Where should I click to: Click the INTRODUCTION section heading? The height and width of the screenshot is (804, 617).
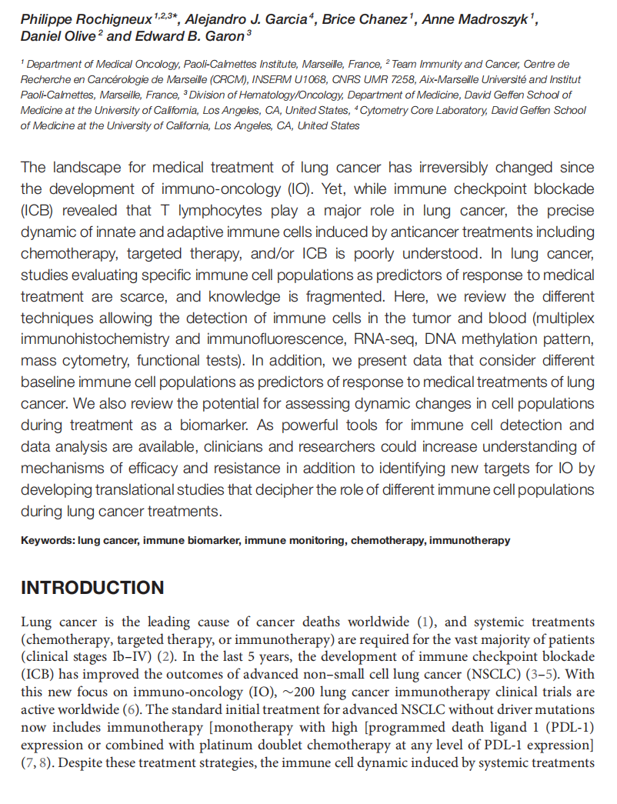click(x=92, y=589)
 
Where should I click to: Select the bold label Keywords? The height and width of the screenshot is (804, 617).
click(x=48, y=541)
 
